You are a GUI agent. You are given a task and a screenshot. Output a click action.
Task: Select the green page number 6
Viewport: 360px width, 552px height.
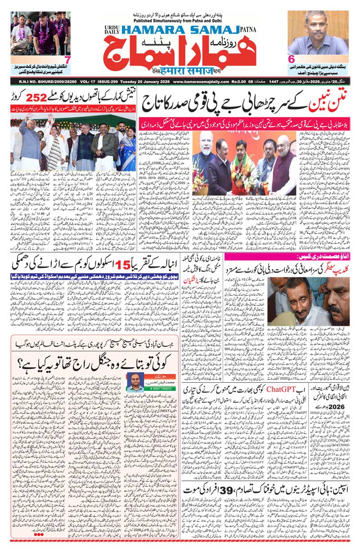[291, 59]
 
